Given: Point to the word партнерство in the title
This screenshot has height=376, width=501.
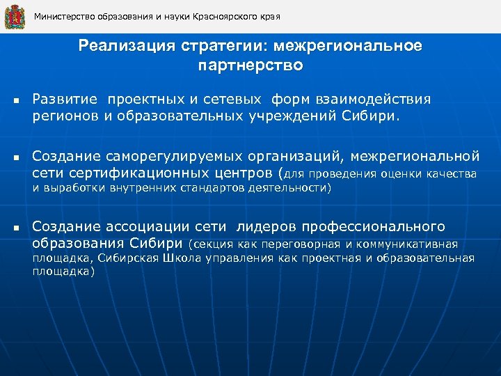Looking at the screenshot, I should pyautogui.click(x=250, y=66).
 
